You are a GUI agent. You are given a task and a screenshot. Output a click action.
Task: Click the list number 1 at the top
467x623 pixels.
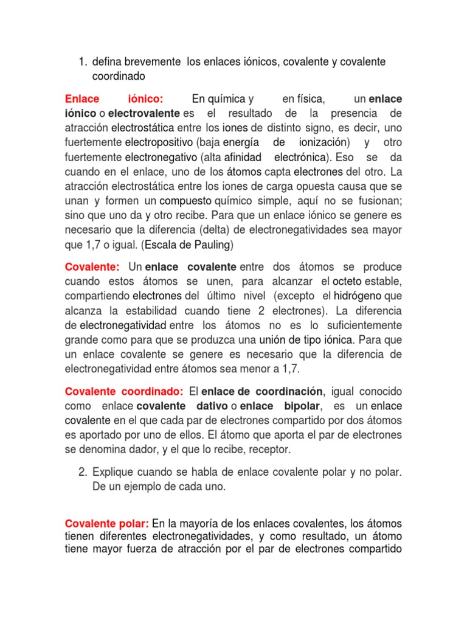(x=83, y=61)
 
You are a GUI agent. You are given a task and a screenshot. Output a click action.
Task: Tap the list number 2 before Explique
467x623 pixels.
(x=83, y=473)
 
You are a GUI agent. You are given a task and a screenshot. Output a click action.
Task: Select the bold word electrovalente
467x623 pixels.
(x=144, y=113)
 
